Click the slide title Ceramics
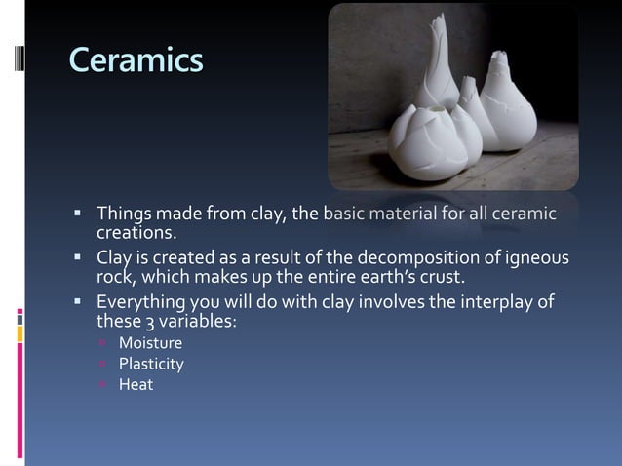click(x=136, y=59)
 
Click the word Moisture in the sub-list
click(x=150, y=343)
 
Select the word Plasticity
click(x=151, y=364)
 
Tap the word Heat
click(x=136, y=384)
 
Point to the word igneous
click(x=534, y=258)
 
